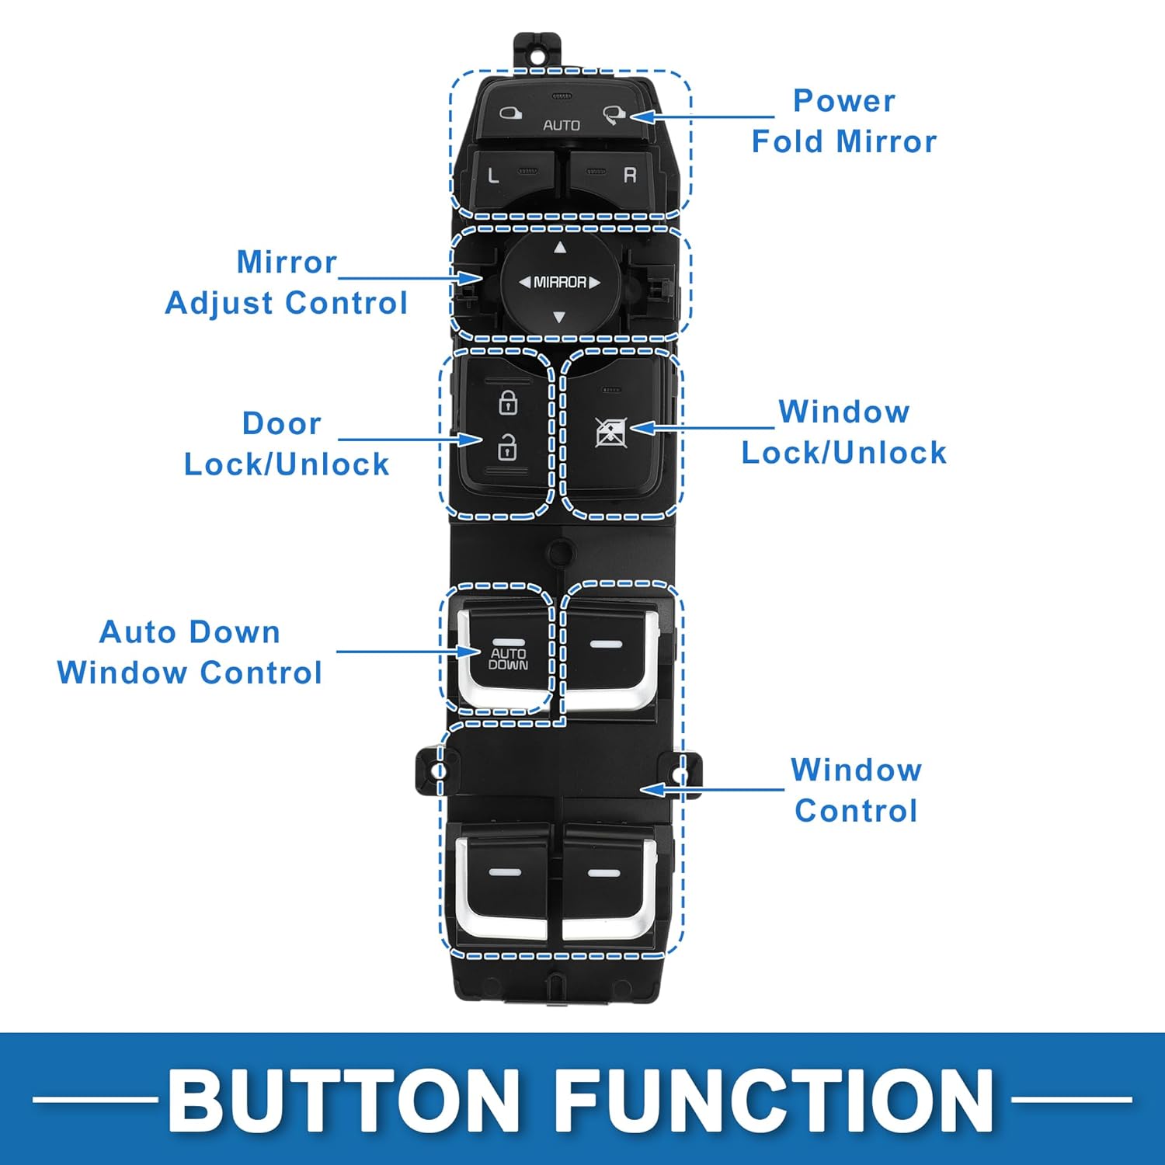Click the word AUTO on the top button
click(x=562, y=125)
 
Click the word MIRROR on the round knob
click(x=560, y=282)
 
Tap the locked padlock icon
click(x=508, y=402)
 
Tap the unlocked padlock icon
click(x=507, y=447)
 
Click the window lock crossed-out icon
click(x=610, y=432)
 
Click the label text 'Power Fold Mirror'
click(x=844, y=121)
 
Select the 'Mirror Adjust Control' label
click(x=287, y=283)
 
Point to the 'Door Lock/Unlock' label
click(x=286, y=444)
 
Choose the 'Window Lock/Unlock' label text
click(x=844, y=432)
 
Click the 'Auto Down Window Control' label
click(x=190, y=652)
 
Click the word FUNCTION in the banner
click(x=774, y=1101)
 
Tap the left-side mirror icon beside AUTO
click(x=509, y=113)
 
